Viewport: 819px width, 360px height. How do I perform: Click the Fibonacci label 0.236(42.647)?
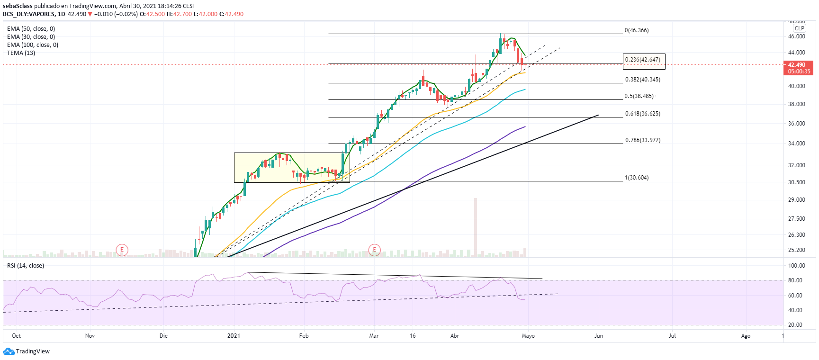click(x=643, y=60)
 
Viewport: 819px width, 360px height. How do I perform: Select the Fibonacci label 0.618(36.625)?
click(x=642, y=114)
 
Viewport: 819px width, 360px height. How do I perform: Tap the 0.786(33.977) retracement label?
click(x=642, y=140)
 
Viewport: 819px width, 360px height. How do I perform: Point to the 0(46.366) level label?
click(x=637, y=30)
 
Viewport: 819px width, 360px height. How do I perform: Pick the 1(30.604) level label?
click(x=637, y=178)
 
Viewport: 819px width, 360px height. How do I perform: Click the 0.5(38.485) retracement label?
click(x=639, y=96)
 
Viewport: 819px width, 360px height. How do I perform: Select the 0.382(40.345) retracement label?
click(x=642, y=80)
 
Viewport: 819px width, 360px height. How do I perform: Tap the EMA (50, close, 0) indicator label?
click(x=31, y=29)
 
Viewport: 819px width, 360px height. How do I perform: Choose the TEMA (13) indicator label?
click(x=21, y=53)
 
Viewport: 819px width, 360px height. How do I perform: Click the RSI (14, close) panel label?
click(x=26, y=266)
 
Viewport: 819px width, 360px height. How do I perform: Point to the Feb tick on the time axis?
click(x=304, y=336)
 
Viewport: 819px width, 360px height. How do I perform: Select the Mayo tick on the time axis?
click(x=528, y=336)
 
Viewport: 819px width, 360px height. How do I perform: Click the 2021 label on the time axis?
click(x=234, y=336)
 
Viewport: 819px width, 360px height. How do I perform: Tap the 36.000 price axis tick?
click(x=796, y=124)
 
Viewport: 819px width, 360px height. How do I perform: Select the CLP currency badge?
click(x=799, y=28)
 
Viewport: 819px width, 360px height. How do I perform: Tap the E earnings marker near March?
click(x=374, y=250)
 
